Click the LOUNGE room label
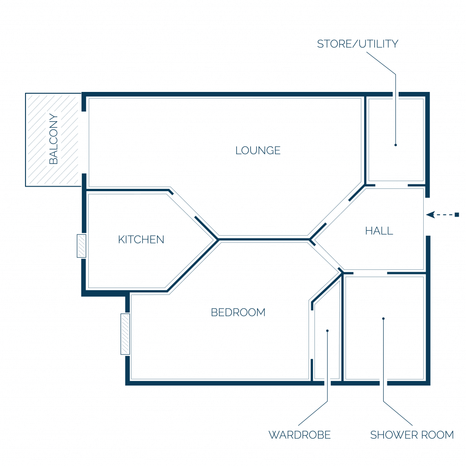[x=258, y=150]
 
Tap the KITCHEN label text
[x=141, y=239]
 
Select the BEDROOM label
[x=238, y=312]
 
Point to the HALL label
[x=379, y=231]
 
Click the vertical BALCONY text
[x=54, y=139]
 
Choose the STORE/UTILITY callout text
[x=358, y=44]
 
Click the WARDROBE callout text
[x=299, y=435]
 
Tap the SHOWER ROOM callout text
[x=412, y=435]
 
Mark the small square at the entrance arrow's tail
[x=457, y=215]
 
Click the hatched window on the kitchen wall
[x=81, y=246]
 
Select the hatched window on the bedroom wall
[x=125, y=334]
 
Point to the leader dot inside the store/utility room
[x=395, y=145]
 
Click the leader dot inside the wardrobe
[x=327, y=331]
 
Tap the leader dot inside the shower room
[x=383, y=319]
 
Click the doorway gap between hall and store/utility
[x=391, y=186]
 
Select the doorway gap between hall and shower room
[x=370, y=273]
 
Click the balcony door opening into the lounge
[x=84, y=142]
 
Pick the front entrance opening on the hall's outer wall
[x=428, y=217]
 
